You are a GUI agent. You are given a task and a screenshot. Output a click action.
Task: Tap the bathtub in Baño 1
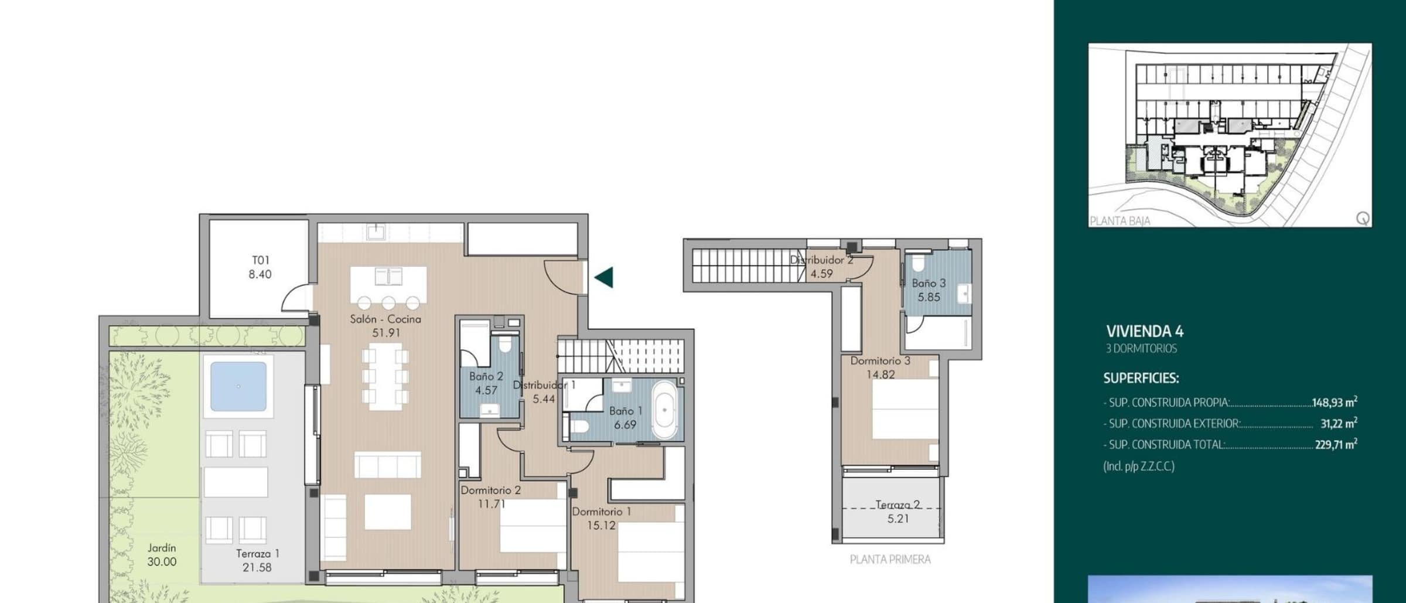664,411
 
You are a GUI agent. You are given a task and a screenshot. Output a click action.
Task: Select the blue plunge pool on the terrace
238,386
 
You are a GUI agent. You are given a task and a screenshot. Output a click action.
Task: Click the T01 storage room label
261,260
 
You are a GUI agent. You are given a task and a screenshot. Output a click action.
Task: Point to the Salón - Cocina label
385,319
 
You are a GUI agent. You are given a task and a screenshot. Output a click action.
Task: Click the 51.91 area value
386,333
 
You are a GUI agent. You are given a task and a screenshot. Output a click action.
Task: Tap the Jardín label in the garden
162,548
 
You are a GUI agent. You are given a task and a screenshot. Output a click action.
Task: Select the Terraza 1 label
258,553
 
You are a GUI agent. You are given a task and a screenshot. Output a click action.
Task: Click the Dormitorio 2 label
490,490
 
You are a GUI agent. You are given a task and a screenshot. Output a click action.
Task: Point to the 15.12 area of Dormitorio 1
602,526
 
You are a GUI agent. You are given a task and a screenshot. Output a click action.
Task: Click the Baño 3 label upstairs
929,283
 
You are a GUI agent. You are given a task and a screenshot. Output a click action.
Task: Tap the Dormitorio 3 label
881,361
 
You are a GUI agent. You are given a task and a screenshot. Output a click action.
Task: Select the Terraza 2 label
898,505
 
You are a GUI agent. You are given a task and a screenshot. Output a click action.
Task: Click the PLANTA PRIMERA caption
890,560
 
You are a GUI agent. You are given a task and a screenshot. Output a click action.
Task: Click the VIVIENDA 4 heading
1145,332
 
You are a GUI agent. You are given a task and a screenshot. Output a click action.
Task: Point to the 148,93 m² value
1335,402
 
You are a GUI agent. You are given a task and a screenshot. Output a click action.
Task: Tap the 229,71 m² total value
1336,444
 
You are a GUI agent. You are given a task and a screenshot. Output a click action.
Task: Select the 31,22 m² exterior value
1339,423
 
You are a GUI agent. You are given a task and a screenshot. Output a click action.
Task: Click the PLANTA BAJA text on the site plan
1120,221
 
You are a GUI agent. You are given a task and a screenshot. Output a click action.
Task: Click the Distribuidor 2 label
821,260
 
